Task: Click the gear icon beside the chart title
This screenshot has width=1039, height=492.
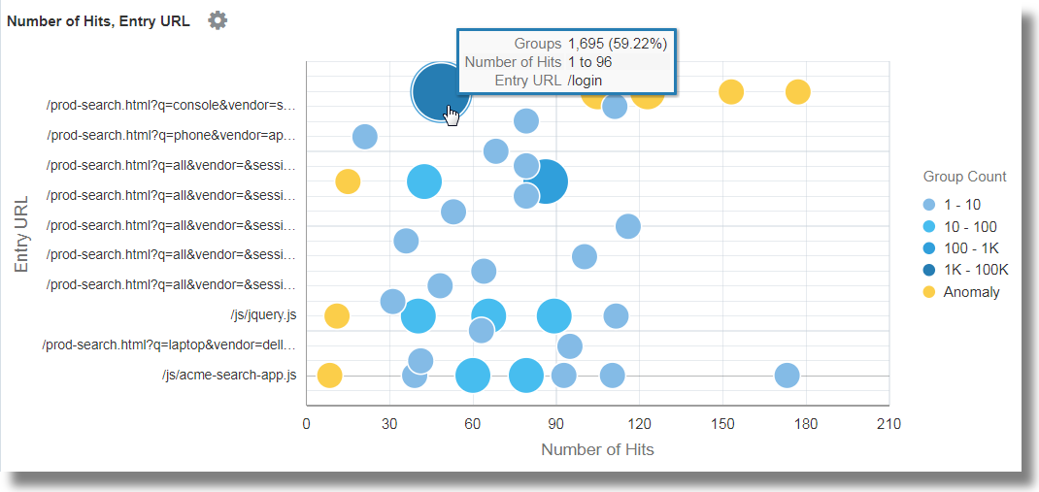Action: pyautogui.click(x=218, y=20)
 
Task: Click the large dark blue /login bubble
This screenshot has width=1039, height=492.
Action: pyautogui.click(x=440, y=91)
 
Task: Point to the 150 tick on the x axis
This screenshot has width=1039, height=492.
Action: pyautogui.click(x=722, y=424)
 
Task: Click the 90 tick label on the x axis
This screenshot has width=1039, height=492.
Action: pyautogui.click(x=555, y=424)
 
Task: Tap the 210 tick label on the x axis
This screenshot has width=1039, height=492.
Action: pyautogui.click(x=888, y=424)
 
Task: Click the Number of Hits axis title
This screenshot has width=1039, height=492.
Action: pyautogui.click(x=597, y=449)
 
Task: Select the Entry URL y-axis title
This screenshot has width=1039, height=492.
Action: pyautogui.click(x=21, y=234)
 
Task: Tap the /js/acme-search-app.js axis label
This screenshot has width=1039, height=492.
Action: pyautogui.click(x=229, y=375)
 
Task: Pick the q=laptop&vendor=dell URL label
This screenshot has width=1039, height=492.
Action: pyautogui.click(x=169, y=344)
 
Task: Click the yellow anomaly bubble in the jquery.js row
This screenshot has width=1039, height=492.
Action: pyautogui.click(x=337, y=315)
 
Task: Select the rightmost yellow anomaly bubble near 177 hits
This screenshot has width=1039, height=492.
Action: pyautogui.click(x=797, y=92)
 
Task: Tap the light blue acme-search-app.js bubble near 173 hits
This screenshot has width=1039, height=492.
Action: pyautogui.click(x=788, y=376)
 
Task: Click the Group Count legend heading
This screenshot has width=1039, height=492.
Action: pyautogui.click(x=964, y=177)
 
